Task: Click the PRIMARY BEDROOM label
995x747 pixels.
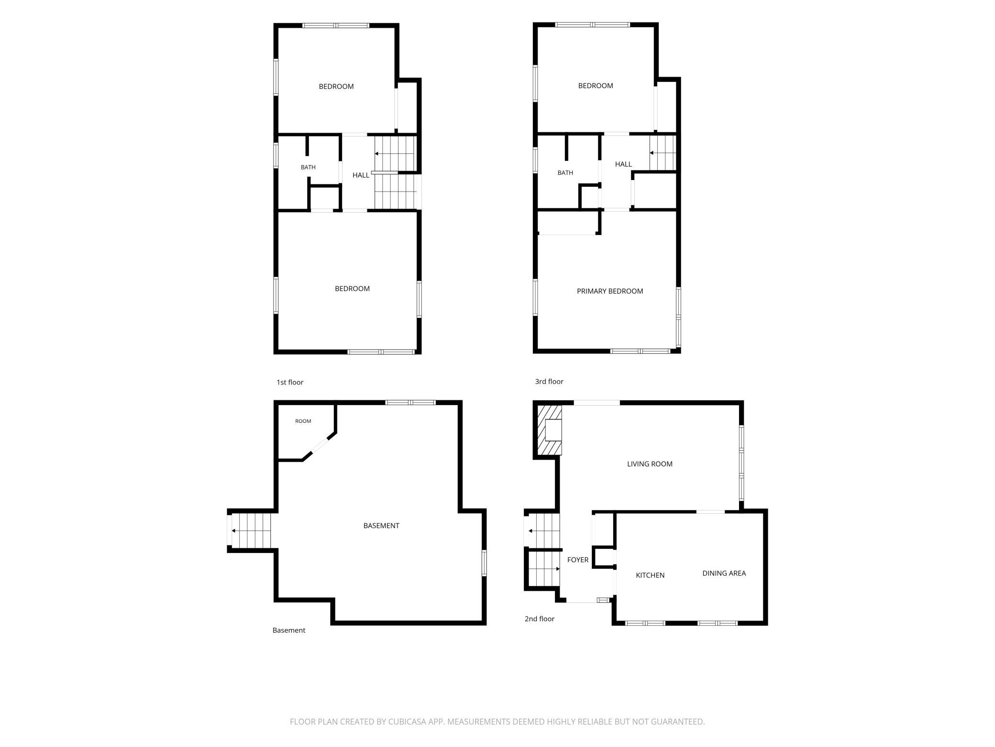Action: click(x=609, y=291)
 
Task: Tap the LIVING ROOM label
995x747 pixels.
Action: click(x=650, y=464)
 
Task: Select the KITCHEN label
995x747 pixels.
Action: click(x=650, y=575)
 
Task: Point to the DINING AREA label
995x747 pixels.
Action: click(x=724, y=573)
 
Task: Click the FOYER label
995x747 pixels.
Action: click(x=578, y=560)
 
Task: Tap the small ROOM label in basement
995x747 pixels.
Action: click(x=303, y=421)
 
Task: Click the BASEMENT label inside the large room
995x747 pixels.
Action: click(x=381, y=526)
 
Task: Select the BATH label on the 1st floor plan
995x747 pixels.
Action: click(x=308, y=168)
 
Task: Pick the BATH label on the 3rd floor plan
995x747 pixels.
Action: click(x=565, y=173)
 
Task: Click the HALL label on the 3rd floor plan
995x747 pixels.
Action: click(x=623, y=164)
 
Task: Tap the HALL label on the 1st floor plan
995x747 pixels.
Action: click(x=361, y=175)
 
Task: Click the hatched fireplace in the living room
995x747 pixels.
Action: click(x=549, y=430)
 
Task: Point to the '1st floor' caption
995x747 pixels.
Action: click(x=290, y=383)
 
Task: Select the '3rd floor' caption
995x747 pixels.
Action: click(x=549, y=382)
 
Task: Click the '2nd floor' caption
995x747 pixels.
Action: click(x=540, y=619)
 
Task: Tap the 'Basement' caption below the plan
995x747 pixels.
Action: click(x=289, y=631)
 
